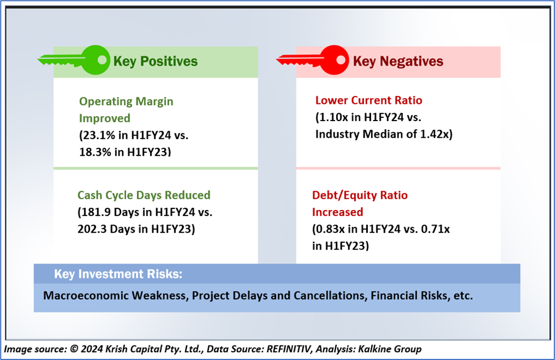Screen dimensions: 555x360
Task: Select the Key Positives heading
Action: coord(156,61)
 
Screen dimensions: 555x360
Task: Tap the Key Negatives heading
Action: coord(398,61)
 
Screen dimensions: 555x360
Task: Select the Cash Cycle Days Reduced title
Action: coord(144,195)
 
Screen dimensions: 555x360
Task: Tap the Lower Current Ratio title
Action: coord(369,101)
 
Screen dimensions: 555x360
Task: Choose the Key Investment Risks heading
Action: coord(118,274)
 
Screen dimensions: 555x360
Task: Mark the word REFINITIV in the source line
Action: coord(289,349)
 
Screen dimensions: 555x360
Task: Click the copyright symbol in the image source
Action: coord(74,349)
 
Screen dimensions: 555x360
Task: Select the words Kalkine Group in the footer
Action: coord(389,349)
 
